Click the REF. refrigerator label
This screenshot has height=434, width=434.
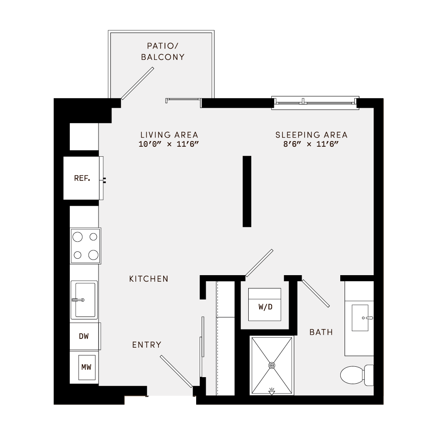[x=82, y=178]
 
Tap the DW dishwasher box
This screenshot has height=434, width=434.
[x=84, y=336]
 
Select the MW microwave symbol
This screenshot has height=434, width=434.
[x=86, y=368]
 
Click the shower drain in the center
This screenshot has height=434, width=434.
[x=272, y=365]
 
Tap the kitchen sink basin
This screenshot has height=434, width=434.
[x=85, y=299]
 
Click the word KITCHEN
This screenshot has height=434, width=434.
[x=149, y=279]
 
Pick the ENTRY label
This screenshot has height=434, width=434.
[x=147, y=345]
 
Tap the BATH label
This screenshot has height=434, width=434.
[x=321, y=332]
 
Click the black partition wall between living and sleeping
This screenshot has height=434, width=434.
[x=247, y=191]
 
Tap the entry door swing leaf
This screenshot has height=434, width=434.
[x=176, y=371]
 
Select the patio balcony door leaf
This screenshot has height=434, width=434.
[x=138, y=83]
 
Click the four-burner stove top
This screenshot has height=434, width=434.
[x=85, y=246]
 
